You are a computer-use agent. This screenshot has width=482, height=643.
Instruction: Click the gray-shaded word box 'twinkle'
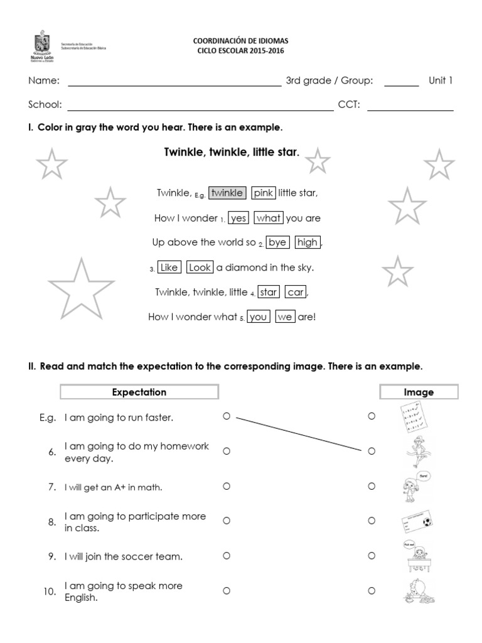coord(227,193)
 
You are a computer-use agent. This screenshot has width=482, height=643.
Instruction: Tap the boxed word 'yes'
coord(238,218)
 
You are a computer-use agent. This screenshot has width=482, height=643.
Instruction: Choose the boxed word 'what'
coord(269,218)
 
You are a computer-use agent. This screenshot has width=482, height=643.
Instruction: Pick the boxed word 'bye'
coord(277,242)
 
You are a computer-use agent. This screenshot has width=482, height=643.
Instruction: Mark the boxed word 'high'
coord(308,242)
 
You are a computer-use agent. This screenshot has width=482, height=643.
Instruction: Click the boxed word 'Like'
coord(169,267)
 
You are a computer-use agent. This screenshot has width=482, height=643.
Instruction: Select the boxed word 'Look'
coord(200,267)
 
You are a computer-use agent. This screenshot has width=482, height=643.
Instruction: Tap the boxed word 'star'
coord(269,292)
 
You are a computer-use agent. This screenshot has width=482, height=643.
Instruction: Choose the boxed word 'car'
coord(296,292)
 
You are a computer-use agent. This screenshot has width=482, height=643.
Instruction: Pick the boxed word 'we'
coord(285,317)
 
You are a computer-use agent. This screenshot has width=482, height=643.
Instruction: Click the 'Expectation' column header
coord(139,392)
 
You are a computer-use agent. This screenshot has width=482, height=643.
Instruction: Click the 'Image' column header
coord(419,392)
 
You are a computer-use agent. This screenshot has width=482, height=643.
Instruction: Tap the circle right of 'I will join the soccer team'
coord(227,556)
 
